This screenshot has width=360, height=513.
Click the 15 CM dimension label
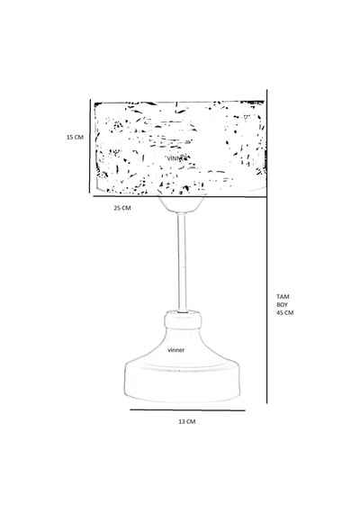point(75,137)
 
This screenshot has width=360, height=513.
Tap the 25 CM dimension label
point(122,208)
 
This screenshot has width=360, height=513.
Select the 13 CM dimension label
point(187,421)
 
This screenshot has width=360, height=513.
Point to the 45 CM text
point(285,312)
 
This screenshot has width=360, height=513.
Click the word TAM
point(283,297)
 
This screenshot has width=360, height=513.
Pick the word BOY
point(282,304)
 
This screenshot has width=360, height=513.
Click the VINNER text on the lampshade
point(177,158)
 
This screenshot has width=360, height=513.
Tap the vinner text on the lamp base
point(176,350)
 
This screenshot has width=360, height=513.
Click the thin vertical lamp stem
point(183,262)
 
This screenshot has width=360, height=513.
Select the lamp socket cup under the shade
point(182,204)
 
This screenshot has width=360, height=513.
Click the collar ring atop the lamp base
point(183,319)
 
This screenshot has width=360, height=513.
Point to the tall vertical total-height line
point(267,246)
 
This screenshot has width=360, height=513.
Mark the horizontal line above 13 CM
point(187,409)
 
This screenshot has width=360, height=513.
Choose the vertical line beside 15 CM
point(90,146)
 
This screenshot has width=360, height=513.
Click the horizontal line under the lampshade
point(180,196)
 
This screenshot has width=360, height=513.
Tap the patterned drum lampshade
point(180,148)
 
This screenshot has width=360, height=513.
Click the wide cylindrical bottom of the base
point(183,383)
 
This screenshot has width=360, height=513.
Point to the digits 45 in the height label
point(280,312)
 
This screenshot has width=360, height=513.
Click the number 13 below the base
point(181,421)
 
